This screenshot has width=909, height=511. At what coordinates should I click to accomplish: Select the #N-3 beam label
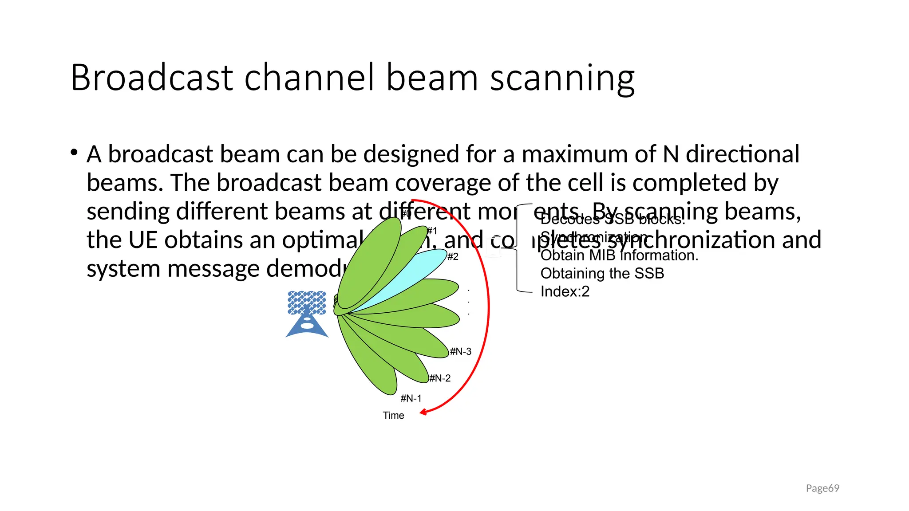pyautogui.click(x=460, y=351)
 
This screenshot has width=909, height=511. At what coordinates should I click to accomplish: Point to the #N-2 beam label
pyautogui.click(x=440, y=378)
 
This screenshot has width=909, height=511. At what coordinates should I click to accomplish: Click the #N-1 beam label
pyautogui.click(x=411, y=398)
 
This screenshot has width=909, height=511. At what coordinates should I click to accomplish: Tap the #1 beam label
pyautogui.click(x=432, y=231)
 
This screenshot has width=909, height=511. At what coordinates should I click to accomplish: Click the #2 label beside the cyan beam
pyautogui.click(x=453, y=256)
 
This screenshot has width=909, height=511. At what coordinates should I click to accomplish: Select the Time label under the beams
pyautogui.click(x=393, y=416)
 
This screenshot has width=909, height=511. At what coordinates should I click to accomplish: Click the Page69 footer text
pyautogui.click(x=822, y=488)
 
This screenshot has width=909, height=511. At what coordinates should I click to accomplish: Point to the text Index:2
pyautogui.click(x=565, y=291)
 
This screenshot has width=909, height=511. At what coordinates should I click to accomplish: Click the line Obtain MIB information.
pyautogui.click(x=619, y=255)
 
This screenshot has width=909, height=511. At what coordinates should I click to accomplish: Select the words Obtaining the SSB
pyautogui.click(x=602, y=273)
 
